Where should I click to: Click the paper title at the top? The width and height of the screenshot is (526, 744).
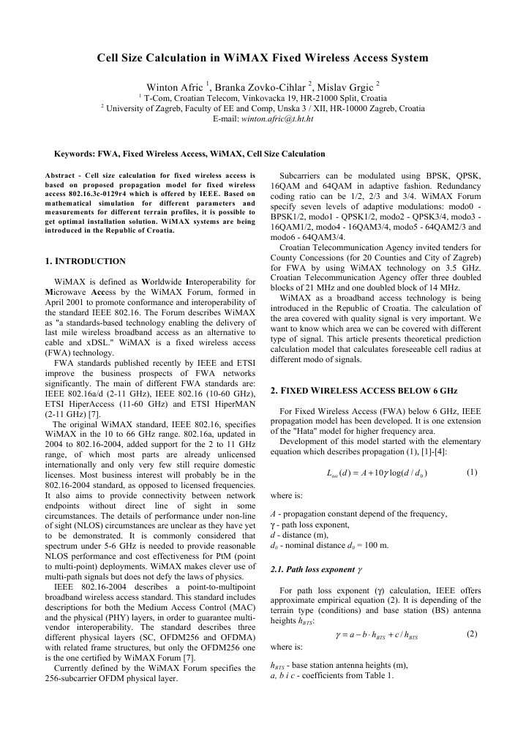pos(263,58)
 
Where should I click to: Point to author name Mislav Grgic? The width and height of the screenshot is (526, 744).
pos(347,87)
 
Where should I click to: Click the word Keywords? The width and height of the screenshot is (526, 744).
pos(76,154)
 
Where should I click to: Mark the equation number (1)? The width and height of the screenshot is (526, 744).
pos(471,473)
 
